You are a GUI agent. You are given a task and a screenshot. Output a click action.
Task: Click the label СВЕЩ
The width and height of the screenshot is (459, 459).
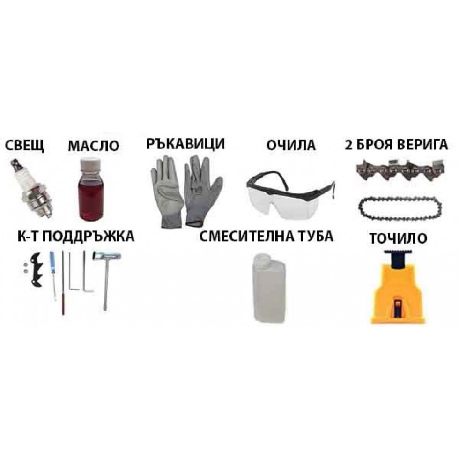pos(24,146)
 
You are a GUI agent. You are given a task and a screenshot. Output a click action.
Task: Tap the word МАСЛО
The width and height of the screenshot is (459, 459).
pos(94,146)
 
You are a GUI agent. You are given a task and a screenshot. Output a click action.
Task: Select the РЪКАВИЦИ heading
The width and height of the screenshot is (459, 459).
pos(185,144)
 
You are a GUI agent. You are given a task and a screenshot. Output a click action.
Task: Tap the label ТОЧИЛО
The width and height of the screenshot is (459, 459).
pos(398,238)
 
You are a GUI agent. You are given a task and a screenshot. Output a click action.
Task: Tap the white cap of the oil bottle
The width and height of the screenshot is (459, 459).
pos(90,164)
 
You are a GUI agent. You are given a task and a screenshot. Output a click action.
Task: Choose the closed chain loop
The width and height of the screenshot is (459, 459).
pos(400,208)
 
